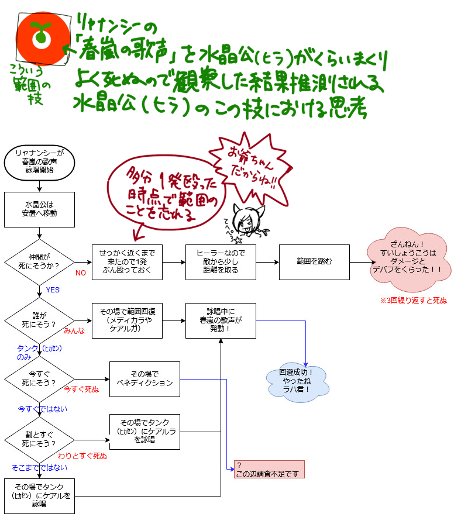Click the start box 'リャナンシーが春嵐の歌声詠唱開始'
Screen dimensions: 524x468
[39, 162]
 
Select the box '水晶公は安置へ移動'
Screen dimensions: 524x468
[39, 209]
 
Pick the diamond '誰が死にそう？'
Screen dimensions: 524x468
[39, 320]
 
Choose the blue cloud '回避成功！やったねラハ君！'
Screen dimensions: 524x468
[297, 381]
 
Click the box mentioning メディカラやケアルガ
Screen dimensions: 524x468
[127, 320]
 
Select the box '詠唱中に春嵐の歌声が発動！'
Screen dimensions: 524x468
[221, 320]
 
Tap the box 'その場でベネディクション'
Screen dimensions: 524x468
[144, 379]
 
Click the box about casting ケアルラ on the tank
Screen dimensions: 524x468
[144, 432]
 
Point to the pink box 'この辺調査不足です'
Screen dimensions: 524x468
[269, 470]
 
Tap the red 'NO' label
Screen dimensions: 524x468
[81, 273]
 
